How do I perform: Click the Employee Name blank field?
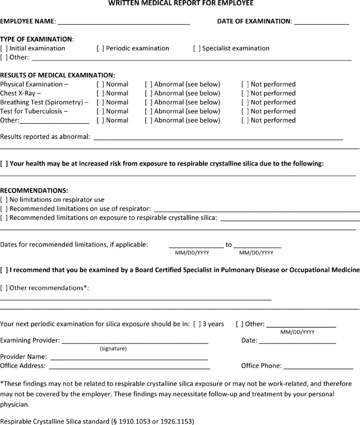124,22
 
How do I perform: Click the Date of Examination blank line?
321,22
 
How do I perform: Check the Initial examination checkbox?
4,48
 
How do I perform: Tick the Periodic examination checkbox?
100,48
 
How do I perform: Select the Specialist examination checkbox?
197,48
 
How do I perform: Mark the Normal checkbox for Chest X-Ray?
100,93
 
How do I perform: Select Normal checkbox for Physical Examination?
100,84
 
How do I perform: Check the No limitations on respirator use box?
4,200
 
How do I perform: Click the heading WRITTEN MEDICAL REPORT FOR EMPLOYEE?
180,3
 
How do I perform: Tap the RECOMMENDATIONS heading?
34,191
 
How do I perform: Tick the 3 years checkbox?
197,324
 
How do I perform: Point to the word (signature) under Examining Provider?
113,348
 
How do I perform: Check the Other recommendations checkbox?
4,288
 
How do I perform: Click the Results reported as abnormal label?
45,137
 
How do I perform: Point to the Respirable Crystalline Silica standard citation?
97,421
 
